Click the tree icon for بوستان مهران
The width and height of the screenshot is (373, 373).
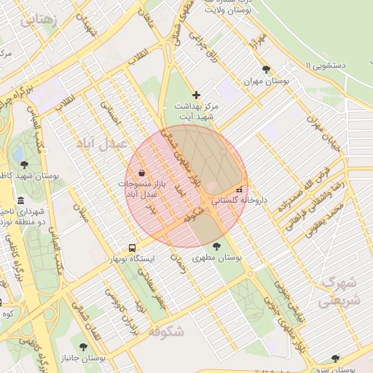point(267,70)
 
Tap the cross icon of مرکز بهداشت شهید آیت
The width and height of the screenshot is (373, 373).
point(195,95)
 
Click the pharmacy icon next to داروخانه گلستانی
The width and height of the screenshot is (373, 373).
point(239,189)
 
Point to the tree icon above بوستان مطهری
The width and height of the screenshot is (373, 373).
point(216,246)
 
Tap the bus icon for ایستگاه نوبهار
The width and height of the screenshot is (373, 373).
point(132,248)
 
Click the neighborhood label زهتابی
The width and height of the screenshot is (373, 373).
point(38,19)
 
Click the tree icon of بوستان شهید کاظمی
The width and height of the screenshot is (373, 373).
point(25,165)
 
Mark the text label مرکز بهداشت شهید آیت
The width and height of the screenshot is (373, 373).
point(196,111)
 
